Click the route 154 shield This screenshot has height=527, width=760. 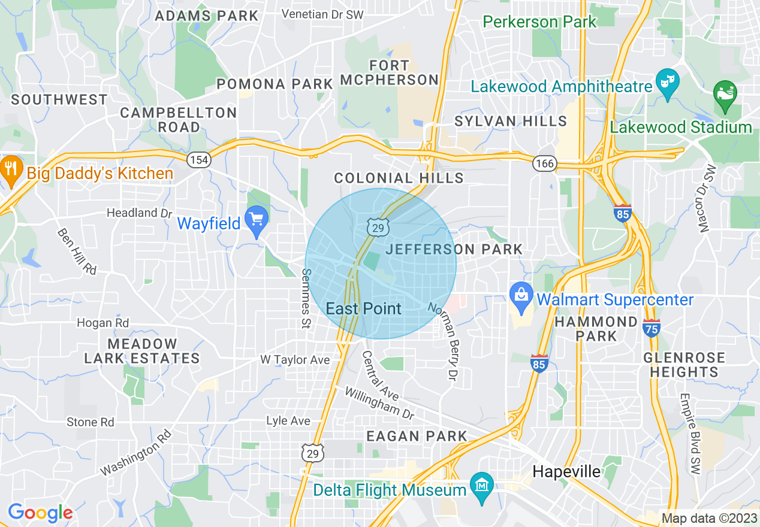tap(198, 160)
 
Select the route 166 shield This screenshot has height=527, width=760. tap(546, 163)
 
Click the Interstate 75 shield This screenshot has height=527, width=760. tap(651, 328)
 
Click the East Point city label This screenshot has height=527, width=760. tap(363, 308)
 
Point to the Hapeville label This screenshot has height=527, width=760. tap(566, 472)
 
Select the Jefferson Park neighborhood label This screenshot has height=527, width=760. tap(454, 249)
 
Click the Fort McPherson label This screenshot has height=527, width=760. tap(390, 72)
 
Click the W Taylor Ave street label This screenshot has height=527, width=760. tap(295, 360)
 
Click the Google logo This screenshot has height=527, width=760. tap(40, 512)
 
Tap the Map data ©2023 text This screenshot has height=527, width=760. tap(708, 518)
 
